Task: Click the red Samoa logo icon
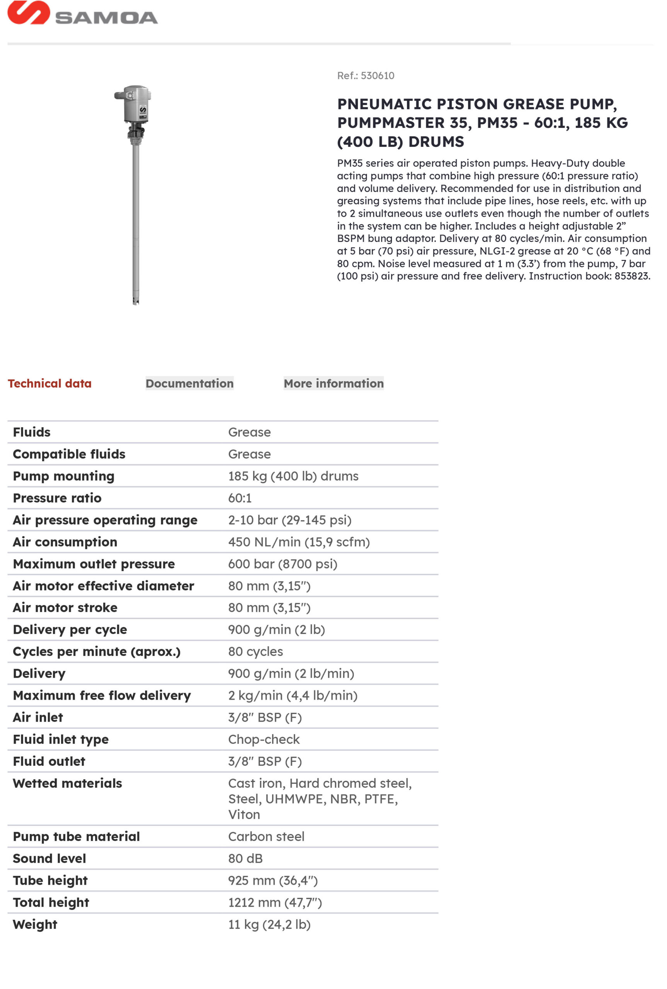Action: [x=28, y=12]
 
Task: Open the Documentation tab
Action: [x=189, y=383]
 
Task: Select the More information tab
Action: [x=333, y=383]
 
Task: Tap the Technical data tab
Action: [x=49, y=383]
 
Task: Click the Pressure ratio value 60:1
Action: [x=240, y=498]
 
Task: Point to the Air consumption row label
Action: [x=65, y=542]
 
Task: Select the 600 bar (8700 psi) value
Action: [x=282, y=564]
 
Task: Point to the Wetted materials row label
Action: [x=67, y=783]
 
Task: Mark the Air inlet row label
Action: [x=38, y=717]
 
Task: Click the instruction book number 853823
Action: [x=631, y=276]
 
